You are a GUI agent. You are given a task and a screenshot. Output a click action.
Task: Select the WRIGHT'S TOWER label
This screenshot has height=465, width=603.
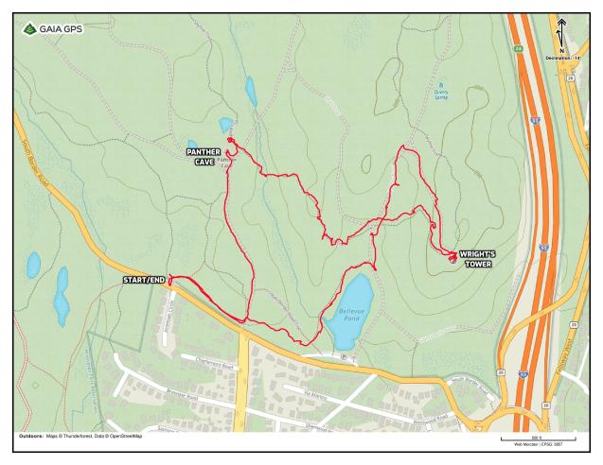point(478,258)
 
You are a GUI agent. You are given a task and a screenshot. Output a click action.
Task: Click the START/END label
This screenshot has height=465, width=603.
point(144,281)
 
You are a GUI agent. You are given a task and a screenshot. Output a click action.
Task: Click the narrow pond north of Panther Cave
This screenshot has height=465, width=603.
point(251,91)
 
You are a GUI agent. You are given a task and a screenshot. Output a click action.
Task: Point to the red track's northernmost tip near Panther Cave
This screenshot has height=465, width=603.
point(229,139)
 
